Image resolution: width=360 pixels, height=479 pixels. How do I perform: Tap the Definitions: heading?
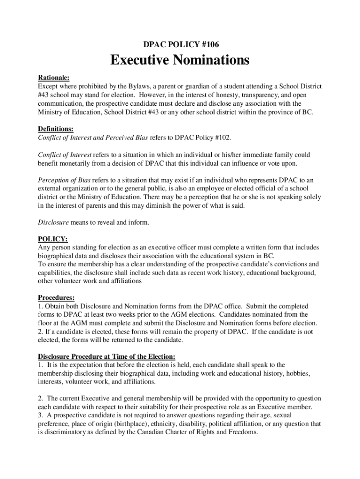[55, 129]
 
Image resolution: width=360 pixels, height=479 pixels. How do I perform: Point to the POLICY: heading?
[52, 239]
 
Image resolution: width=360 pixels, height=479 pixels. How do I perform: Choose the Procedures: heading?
[56, 298]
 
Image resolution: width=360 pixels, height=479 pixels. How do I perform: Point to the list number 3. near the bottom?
[41, 415]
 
